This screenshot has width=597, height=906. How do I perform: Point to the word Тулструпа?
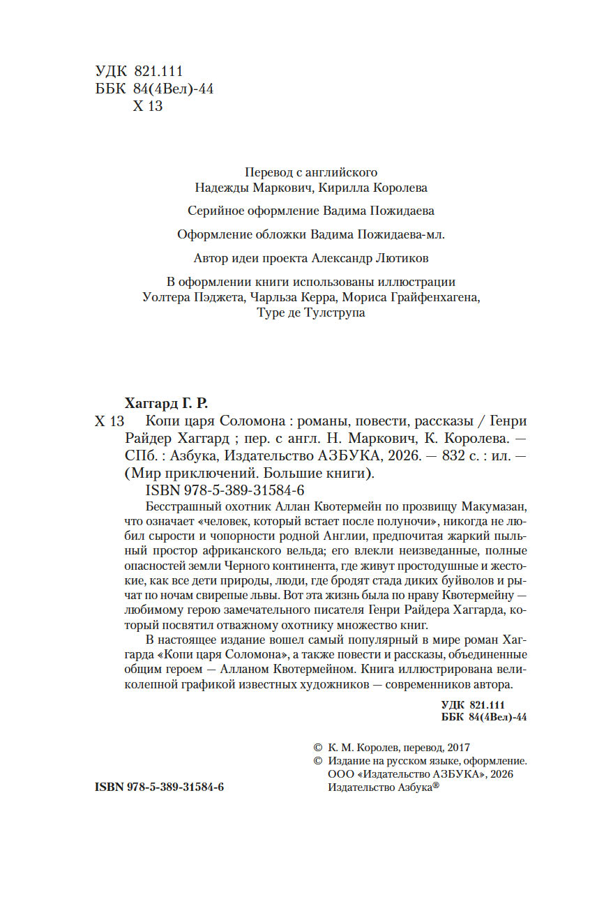[331, 313]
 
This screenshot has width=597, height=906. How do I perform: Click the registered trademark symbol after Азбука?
[436, 785]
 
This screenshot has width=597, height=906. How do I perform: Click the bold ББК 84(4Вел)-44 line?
[484, 718]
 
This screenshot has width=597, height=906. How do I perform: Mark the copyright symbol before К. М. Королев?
[319, 746]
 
